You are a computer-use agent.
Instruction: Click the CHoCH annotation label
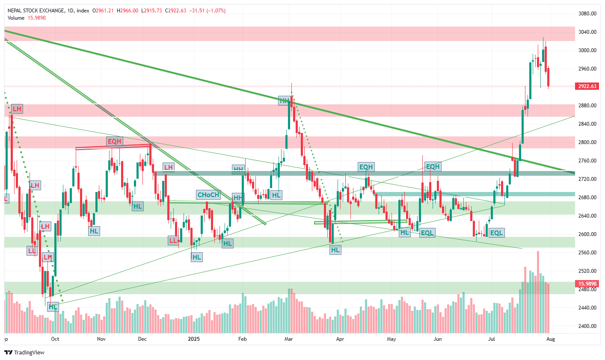(208, 195)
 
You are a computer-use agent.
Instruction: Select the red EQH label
(114, 141)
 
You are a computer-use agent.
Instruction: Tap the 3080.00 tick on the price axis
(587, 14)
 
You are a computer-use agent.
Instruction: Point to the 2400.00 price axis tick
(587, 326)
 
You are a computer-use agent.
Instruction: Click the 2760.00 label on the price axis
(587, 161)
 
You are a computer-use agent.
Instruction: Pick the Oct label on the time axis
(55, 339)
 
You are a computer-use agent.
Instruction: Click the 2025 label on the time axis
(194, 339)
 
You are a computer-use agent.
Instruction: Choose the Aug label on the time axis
(551, 339)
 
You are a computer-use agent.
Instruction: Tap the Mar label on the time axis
(289, 339)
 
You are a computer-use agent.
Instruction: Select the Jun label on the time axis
(437, 339)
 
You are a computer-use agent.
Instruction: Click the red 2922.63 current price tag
(587, 86)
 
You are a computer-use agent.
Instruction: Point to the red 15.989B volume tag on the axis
(587, 284)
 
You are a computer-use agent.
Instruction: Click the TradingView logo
(24, 352)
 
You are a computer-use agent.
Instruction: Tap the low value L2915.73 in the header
(151, 11)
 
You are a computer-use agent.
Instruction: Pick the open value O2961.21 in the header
(103, 11)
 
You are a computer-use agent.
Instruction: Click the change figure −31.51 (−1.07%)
(208, 11)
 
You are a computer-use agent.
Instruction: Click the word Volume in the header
(16, 18)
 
